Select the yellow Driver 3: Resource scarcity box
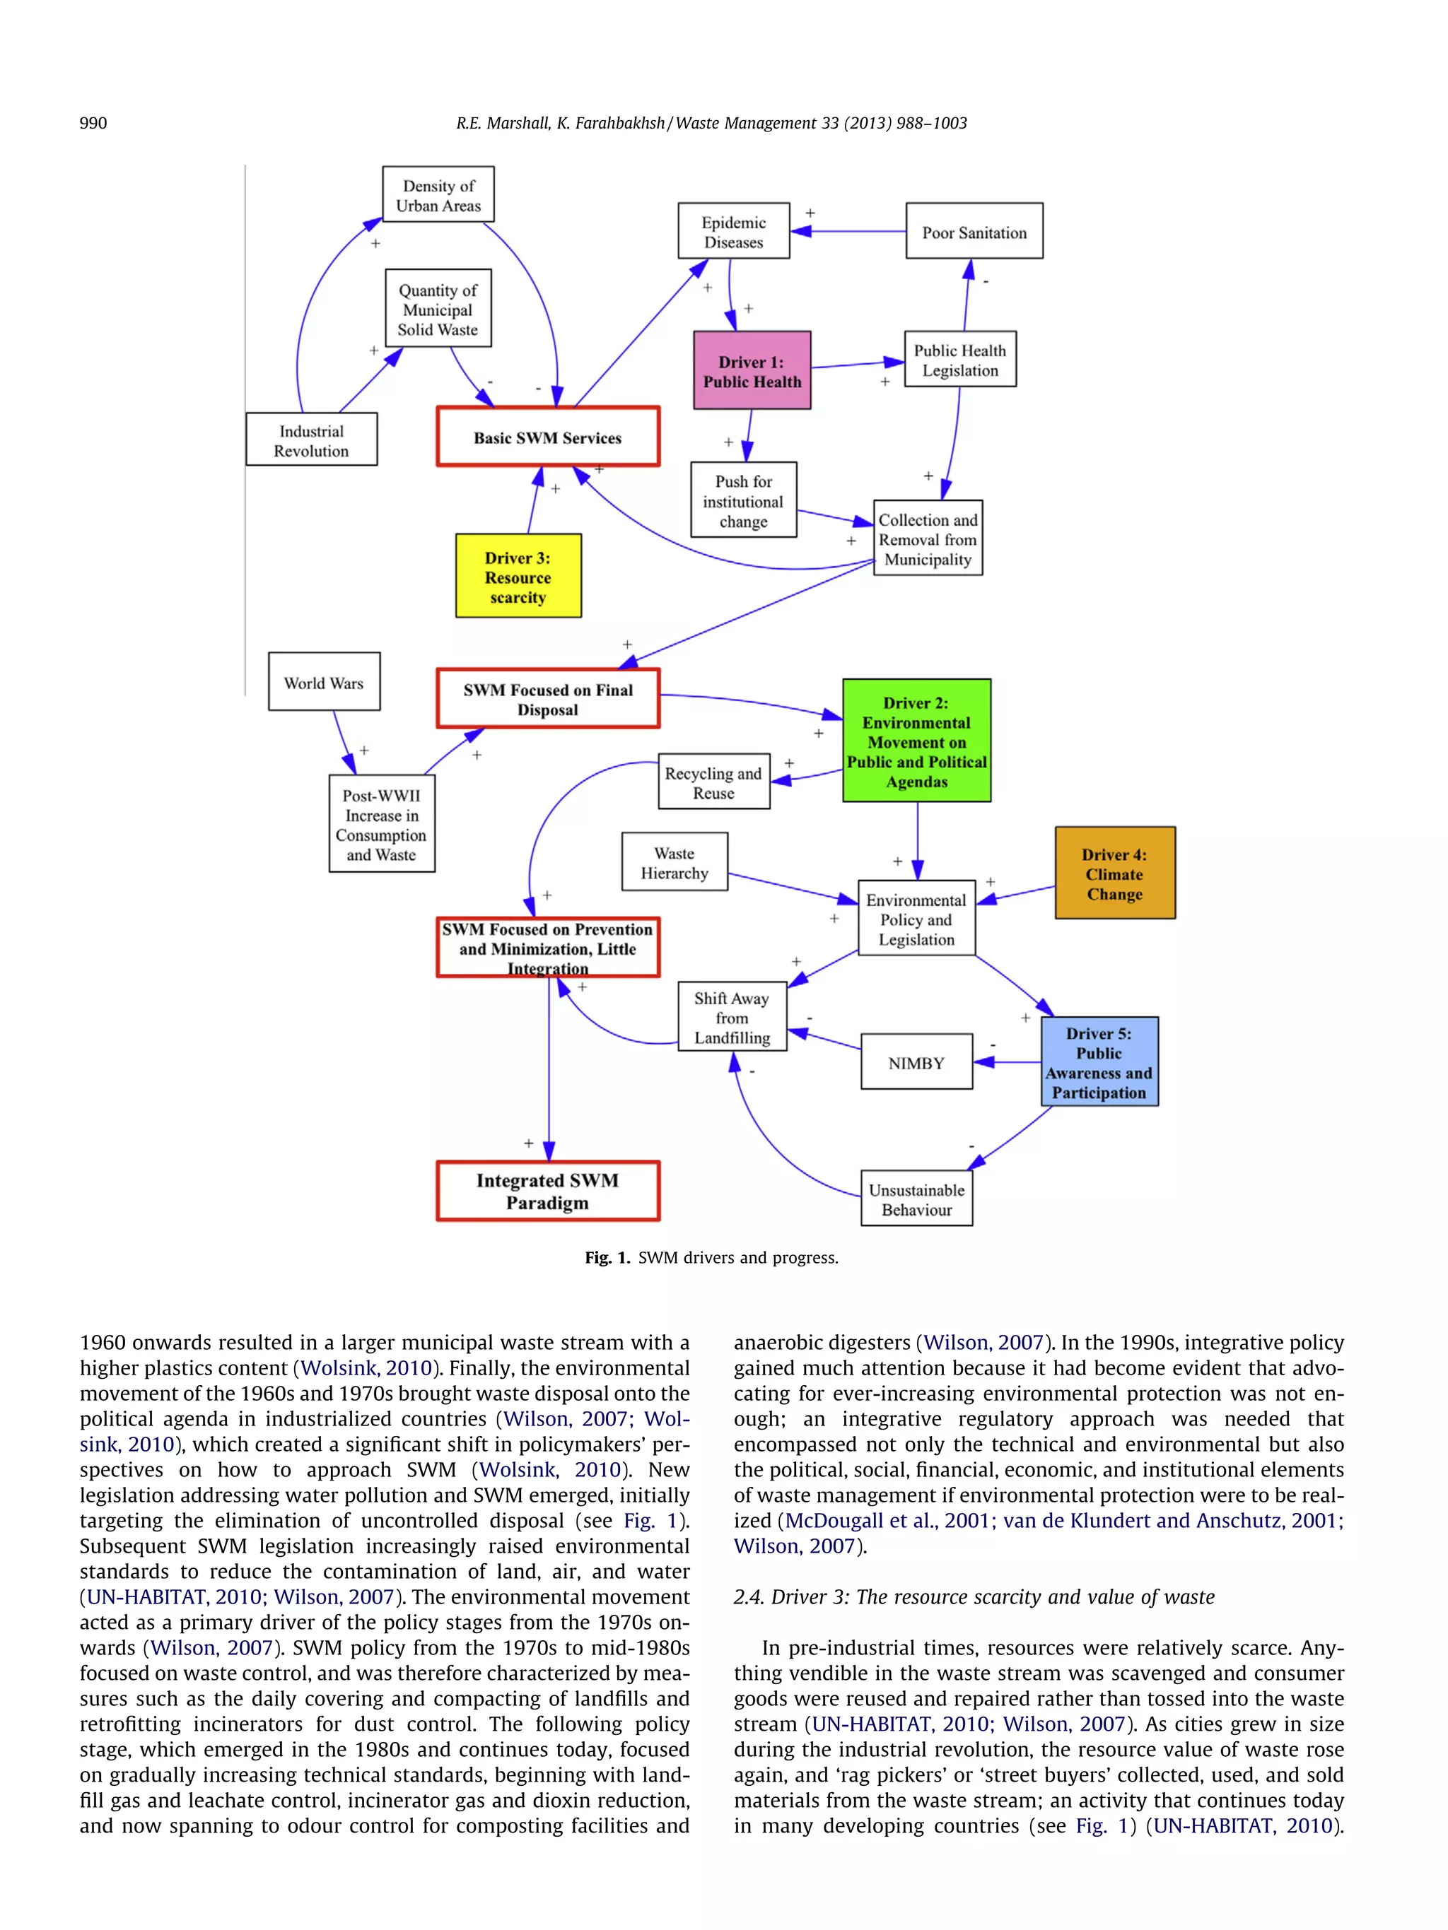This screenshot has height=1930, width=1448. click(518, 576)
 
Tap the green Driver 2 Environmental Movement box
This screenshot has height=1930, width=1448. click(916, 741)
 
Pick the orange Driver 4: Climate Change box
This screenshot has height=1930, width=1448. click(1114, 873)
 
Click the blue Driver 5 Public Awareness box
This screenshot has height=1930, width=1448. click(1099, 1062)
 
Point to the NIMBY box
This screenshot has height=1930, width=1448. click(916, 1062)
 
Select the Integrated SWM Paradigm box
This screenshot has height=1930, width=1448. click(547, 1191)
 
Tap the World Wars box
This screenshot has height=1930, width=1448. click(323, 682)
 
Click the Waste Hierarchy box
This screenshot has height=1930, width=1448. click(674, 862)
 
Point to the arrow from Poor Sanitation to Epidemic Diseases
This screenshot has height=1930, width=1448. click(851, 231)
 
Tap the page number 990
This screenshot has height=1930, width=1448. click(93, 123)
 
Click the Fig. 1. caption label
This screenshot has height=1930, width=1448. click(607, 1257)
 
